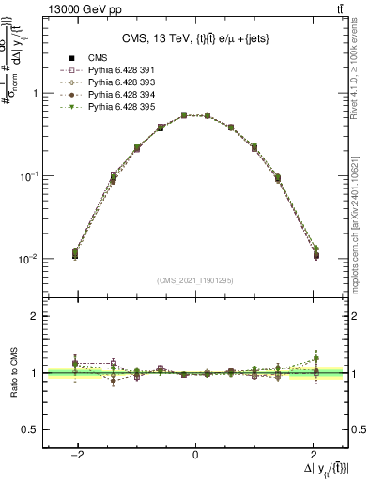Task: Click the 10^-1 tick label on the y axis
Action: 31,176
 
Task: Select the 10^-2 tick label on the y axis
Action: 31,259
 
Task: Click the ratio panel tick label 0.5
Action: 32,430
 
